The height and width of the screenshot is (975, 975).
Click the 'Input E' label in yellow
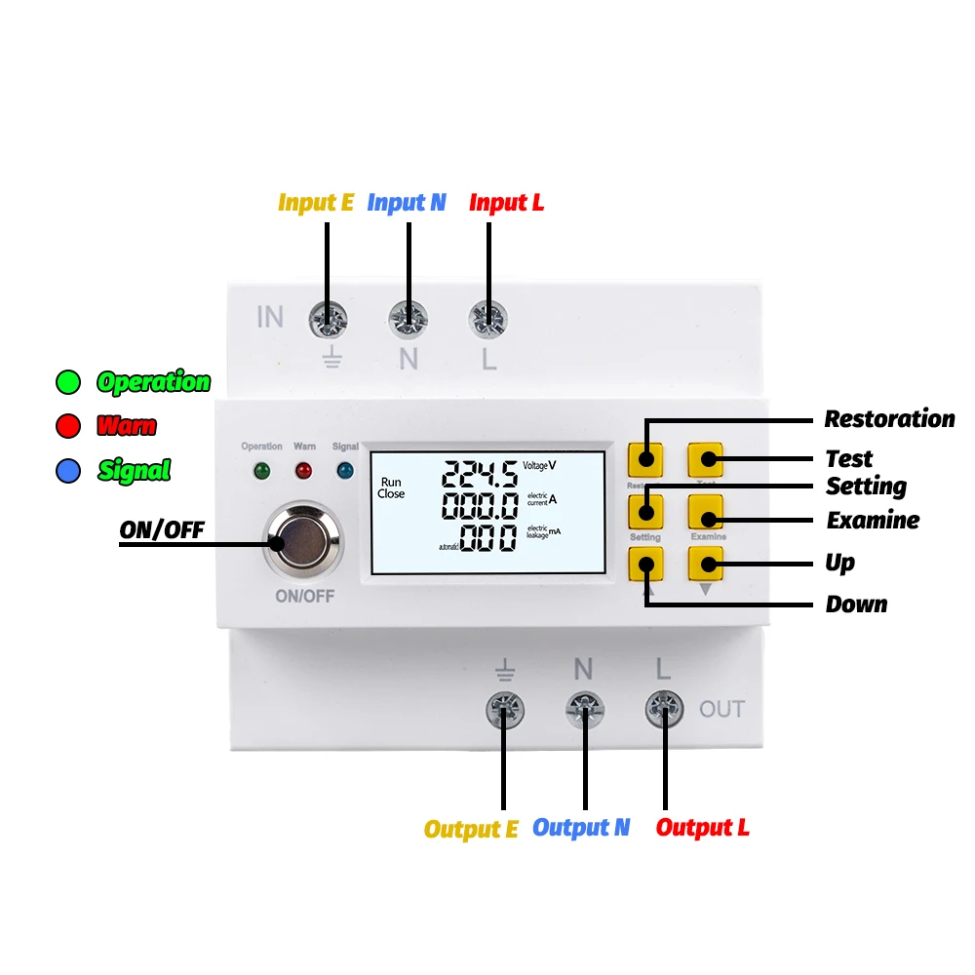point(316,203)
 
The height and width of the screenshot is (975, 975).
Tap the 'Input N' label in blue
point(407,203)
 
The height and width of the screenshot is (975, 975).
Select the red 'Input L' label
point(506,203)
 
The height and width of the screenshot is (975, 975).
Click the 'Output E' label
point(471,829)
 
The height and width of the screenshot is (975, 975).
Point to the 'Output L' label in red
point(702,828)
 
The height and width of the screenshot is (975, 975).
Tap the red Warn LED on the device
point(304,471)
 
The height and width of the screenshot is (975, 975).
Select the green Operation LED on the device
point(261,471)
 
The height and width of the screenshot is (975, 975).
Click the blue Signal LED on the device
point(345,471)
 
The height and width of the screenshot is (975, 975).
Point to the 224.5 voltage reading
point(480,475)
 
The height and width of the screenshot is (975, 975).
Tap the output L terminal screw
point(664,710)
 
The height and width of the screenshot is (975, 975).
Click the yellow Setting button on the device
point(645,511)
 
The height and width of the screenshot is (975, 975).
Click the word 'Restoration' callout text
point(889,419)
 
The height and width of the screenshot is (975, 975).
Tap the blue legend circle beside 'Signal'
point(68,471)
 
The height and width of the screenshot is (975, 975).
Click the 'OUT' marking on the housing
point(721,709)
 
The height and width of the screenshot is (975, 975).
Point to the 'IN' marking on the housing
point(270,317)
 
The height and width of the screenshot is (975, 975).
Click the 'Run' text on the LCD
point(391,482)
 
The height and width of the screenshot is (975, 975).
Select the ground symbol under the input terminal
point(332,359)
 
